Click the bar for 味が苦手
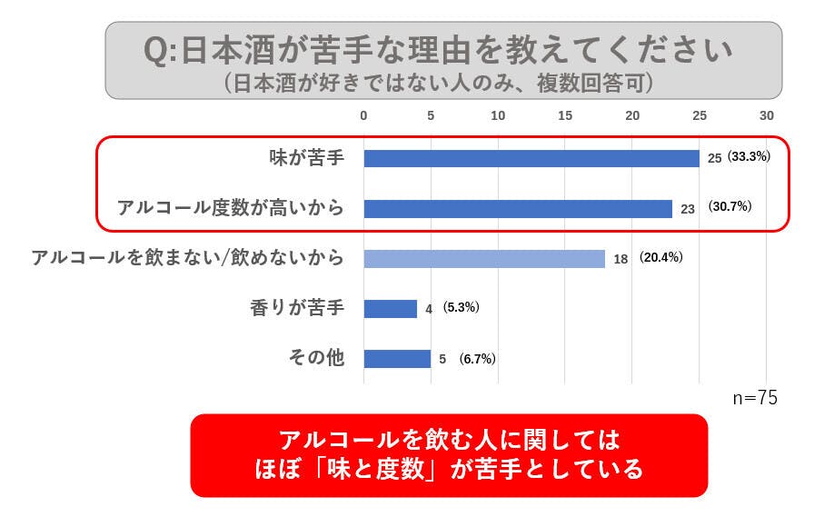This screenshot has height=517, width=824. [x=531, y=158]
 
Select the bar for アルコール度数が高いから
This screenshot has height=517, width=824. [x=518, y=208]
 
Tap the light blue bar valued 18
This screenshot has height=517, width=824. [x=484, y=258]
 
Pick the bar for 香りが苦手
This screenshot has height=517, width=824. [x=391, y=308]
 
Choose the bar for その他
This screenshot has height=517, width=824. [x=397, y=358]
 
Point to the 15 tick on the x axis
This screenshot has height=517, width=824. [x=565, y=115]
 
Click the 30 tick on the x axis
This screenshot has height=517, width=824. [x=767, y=115]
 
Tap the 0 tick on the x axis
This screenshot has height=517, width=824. [x=363, y=115]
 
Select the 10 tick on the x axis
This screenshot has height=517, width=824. [x=498, y=115]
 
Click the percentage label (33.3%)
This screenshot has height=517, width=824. [x=749, y=156]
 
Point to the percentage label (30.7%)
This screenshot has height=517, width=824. [x=730, y=206]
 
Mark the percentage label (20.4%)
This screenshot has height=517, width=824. [x=660, y=257]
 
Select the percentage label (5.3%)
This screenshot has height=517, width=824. [x=461, y=307]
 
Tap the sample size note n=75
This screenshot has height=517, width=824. [x=755, y=398]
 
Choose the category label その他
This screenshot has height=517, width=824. [x=316, y=358]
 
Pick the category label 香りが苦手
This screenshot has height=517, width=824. [x=297, y=308]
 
